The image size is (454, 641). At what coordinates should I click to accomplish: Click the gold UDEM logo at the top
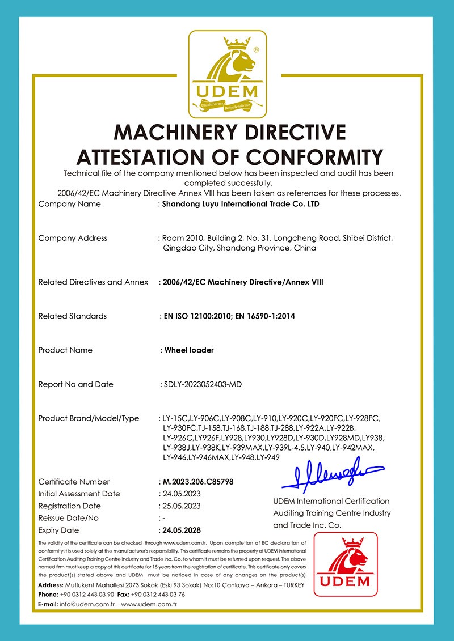pos(227,69)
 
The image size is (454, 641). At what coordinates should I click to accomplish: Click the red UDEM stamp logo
pos(346,564)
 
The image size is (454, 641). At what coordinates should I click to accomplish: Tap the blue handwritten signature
pos(333,476)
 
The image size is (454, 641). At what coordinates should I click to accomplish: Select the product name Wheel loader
pos(189,350)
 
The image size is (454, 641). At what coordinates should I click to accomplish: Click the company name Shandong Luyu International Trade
pos(241,204)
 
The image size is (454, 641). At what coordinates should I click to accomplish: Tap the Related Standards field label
pos(72,316)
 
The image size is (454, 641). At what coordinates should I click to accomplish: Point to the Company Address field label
pos(73,238)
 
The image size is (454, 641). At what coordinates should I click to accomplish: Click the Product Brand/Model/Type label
pos(89,418)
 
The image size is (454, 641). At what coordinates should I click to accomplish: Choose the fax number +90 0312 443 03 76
pos(158,595)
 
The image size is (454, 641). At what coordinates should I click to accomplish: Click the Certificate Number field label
pos(74,482)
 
